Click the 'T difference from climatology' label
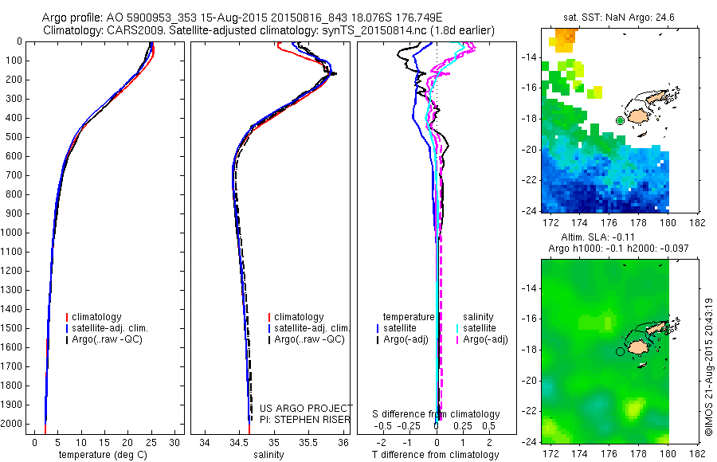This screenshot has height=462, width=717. coord(437,455)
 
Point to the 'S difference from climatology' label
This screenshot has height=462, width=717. coord(437,414)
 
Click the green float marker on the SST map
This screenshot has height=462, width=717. coord(620,120)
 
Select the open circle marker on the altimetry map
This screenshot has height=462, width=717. coord(620,350)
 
